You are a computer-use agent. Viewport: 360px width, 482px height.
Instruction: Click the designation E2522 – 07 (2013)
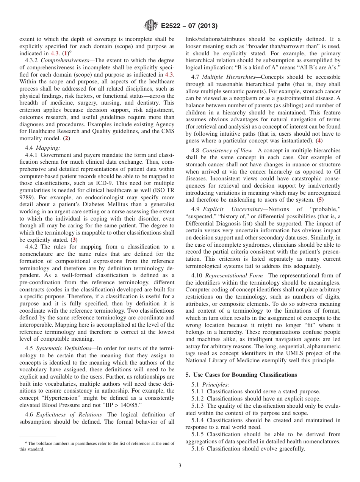189,26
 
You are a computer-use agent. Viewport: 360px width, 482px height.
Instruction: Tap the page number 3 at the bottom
180,466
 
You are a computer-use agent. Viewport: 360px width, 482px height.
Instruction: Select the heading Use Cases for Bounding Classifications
241,375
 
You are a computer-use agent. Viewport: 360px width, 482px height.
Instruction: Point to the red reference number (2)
66,138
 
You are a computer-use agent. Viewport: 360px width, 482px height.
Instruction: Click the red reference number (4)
319,141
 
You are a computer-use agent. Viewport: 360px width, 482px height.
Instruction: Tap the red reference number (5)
320,199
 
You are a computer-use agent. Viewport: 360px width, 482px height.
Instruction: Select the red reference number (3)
74,240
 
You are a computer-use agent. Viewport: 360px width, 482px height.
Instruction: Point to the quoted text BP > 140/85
127,405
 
